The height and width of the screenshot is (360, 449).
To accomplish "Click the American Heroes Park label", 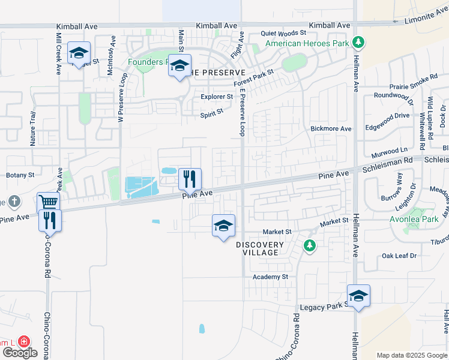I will pyautogui.click(x=307, y=43).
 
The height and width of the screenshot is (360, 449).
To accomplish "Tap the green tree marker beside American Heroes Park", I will pyautogui.click(x=358, y=42).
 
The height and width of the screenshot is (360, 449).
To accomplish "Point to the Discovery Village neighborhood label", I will pyautogui.click(x=259, y=248).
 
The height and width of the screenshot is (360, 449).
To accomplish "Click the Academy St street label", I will pyautogui.click(x=270, y=277).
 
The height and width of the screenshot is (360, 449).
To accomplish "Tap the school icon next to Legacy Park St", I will pyautogui.click(x=358, y=296).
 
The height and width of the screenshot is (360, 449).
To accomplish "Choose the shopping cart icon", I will pyautogui.click(x=48, y=202).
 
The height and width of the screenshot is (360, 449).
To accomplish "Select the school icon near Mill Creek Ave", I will pyautogui.click(x=79, y=53).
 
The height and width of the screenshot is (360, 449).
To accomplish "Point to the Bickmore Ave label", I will pyautogui.click(x=331, y=128).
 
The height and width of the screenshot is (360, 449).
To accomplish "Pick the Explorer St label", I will pyautogui.click(x=217, y=96).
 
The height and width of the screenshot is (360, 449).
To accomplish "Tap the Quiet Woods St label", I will pyautogui.click(x=283, y=34).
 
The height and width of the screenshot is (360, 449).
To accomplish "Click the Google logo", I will pyautogui.click(x=19, y=353).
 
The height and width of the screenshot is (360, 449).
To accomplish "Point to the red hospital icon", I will pyautogui.click(x=25, y=341).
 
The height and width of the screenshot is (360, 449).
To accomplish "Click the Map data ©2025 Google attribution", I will pyautogui.click(x=412, y=355).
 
